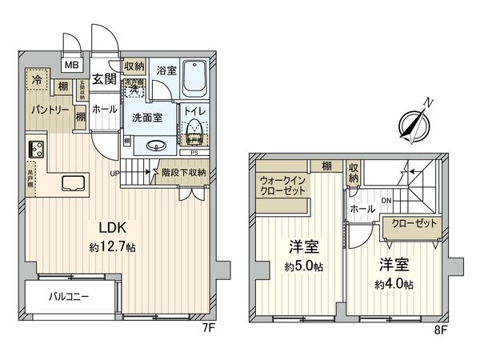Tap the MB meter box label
pos(72,66)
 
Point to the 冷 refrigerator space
pos(37,80)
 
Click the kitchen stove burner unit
pos(37,149)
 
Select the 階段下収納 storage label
pos(183,171)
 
